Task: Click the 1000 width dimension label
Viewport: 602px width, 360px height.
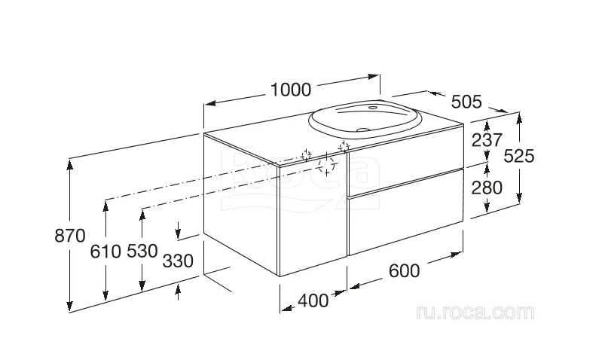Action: point(291,90)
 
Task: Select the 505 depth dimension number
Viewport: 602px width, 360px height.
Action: point(466,102)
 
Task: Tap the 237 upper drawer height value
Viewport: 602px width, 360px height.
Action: point(487,140)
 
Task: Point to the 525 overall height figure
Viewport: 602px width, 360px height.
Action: point(518,156)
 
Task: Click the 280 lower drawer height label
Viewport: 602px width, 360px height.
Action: point(487,188)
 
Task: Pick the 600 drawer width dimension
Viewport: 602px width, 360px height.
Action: point(405,271)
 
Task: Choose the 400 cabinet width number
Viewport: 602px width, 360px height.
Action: point(313,301)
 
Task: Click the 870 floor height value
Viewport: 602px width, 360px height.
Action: point(70,236)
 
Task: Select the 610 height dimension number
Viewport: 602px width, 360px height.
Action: point(105,252)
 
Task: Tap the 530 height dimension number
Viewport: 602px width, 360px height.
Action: point(142,251)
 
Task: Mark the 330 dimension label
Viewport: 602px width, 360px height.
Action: point(178,261)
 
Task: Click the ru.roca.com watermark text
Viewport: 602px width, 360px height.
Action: point(475,313)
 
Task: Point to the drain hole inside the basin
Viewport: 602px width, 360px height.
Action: point(362,130)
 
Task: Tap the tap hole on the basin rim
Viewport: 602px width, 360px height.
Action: point(373,108)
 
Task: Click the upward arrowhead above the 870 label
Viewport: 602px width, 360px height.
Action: point(69,165)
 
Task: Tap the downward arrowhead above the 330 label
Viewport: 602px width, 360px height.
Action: point(178,233)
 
